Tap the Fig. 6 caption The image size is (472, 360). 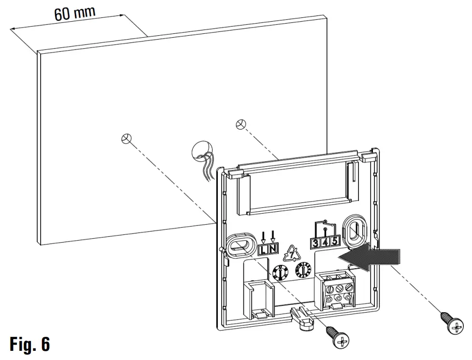(29, 344)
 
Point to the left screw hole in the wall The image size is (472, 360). (126, 139)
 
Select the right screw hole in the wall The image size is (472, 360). (240, 124)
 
